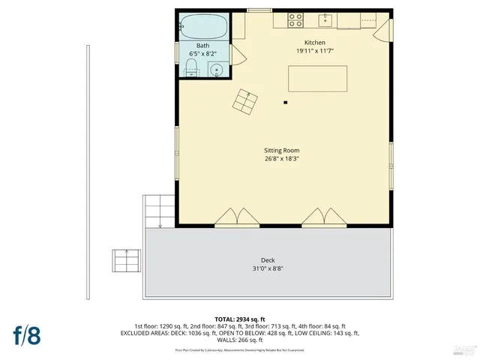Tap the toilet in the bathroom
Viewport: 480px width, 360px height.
(x=191, y=71)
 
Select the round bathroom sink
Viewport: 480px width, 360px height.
(x=217, y=71)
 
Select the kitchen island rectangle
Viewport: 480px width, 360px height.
(x=318, y=78)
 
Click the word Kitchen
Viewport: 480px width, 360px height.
(x=314, y=42)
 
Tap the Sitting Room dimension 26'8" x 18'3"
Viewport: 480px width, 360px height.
(x=281, y=158)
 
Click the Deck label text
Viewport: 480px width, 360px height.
(x=268, y=260)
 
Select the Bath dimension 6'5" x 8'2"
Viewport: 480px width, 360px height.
(x=203, y=54)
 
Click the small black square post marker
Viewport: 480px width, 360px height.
(x=285, y=102)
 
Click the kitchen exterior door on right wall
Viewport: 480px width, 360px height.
(x=382, y=31)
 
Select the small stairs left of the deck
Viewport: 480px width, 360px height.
(x=125, y=261)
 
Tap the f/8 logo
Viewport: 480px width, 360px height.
(x=25, y=334)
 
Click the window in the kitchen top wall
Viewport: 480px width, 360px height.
(x=259, y=10)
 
